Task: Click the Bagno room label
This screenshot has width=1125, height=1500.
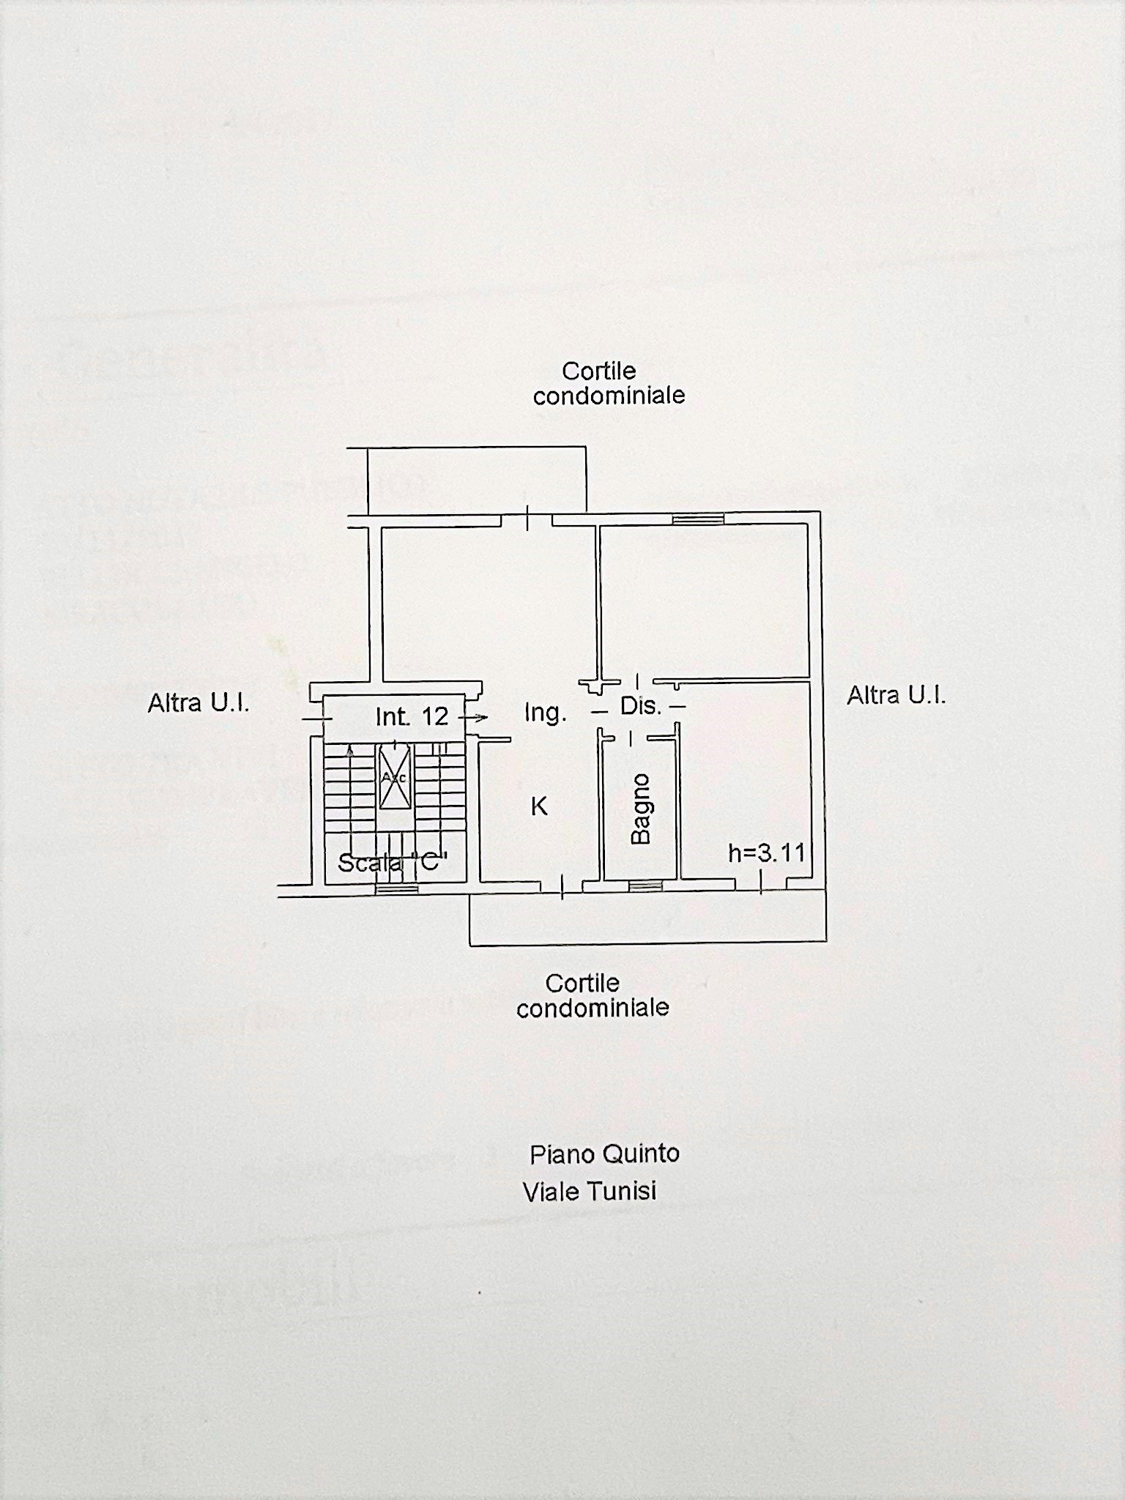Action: click(x=641, y=809)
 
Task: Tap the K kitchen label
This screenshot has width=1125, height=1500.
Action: click(x=539, y=806)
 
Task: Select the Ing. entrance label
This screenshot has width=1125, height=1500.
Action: click(x=545, y=713)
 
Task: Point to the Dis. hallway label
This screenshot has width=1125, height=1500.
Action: click(x=641, y=707)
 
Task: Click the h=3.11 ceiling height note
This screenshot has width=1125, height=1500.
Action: click(x=766, y=853)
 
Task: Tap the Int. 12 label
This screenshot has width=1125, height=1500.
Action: click(x=412, y=716)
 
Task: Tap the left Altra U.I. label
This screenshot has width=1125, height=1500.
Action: click(x=198, y=704)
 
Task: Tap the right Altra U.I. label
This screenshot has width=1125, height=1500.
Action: click(x=896, y=695)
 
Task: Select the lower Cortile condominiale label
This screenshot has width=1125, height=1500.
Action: click(x=592, y=995)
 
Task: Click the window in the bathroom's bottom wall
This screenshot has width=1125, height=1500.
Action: click(x=645, y=886)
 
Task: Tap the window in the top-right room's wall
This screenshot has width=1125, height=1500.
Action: click(x=698, y=519)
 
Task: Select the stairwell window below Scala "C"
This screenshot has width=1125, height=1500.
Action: click(x=396, y=888)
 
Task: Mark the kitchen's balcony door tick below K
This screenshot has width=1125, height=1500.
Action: click(x=562, y=887)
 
